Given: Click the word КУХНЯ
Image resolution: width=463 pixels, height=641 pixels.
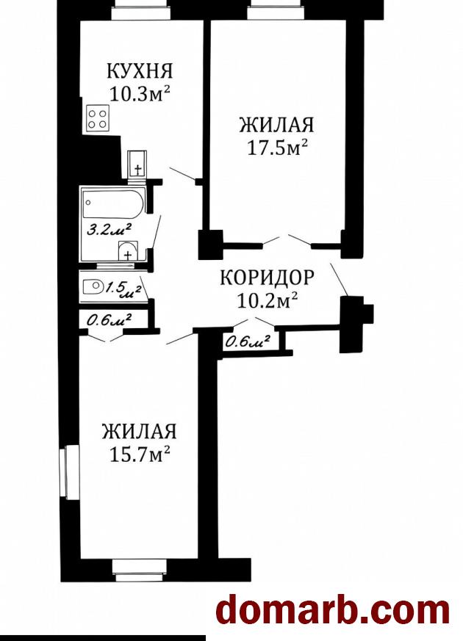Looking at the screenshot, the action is coord(140,70).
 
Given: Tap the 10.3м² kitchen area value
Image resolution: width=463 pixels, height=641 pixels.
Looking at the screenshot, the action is coord(140,94).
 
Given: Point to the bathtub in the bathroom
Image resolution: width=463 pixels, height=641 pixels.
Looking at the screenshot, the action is coord(113,203).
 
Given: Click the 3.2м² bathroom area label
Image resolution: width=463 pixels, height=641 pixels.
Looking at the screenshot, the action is coord(109,229).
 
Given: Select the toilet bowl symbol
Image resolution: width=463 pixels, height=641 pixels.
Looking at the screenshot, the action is coord(93,286).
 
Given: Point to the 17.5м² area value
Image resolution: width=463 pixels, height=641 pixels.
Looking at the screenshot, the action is coord(277,147).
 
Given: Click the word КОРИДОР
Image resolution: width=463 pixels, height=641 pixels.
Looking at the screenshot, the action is coord(267,278).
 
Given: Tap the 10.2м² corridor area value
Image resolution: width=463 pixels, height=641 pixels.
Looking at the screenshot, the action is coord(267,301).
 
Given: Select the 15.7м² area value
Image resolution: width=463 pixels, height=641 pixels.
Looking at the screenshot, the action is coord(140,454).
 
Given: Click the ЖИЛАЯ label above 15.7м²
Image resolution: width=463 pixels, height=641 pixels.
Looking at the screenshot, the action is coord(140,431).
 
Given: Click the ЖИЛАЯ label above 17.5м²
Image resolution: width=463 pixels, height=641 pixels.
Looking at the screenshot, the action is coord(277,124).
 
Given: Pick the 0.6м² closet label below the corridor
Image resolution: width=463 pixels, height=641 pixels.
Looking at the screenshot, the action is coord(248,341).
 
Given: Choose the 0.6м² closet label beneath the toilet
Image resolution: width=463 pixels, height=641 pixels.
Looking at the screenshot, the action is coord(110,319).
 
